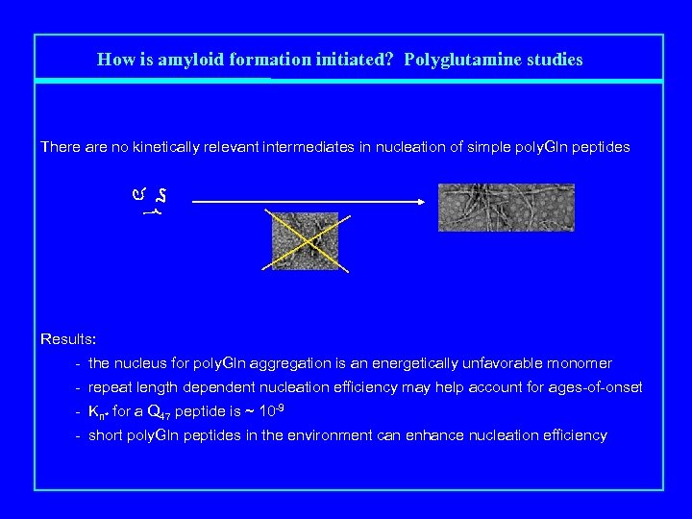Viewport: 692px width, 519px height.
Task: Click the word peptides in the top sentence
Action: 602,147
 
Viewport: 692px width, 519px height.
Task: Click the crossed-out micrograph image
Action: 305,239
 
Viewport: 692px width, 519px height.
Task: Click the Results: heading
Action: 68,339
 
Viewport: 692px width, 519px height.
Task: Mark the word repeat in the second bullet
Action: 110,388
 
